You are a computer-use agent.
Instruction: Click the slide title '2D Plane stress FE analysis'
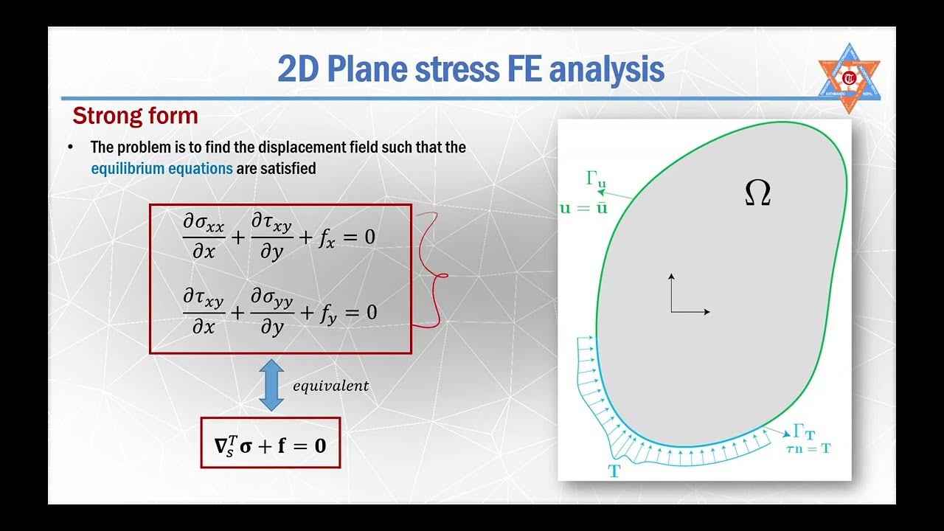[471, 69]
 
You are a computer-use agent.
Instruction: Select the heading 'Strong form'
[135, 116]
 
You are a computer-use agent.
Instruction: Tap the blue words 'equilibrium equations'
[162, 169]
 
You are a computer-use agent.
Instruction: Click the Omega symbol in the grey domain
[757, 193]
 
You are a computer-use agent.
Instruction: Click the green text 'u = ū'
[583, 208]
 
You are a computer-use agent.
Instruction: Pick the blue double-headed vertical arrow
[271, 386]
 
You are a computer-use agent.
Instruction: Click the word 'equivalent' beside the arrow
[330, 386]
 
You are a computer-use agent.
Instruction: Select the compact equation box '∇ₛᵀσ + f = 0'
[270, 443]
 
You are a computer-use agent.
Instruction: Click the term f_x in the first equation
[327, 238]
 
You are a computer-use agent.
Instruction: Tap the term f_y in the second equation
[327, 313]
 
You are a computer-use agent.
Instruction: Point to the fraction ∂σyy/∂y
[271, 313]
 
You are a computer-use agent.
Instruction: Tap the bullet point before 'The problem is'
[71, 147]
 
